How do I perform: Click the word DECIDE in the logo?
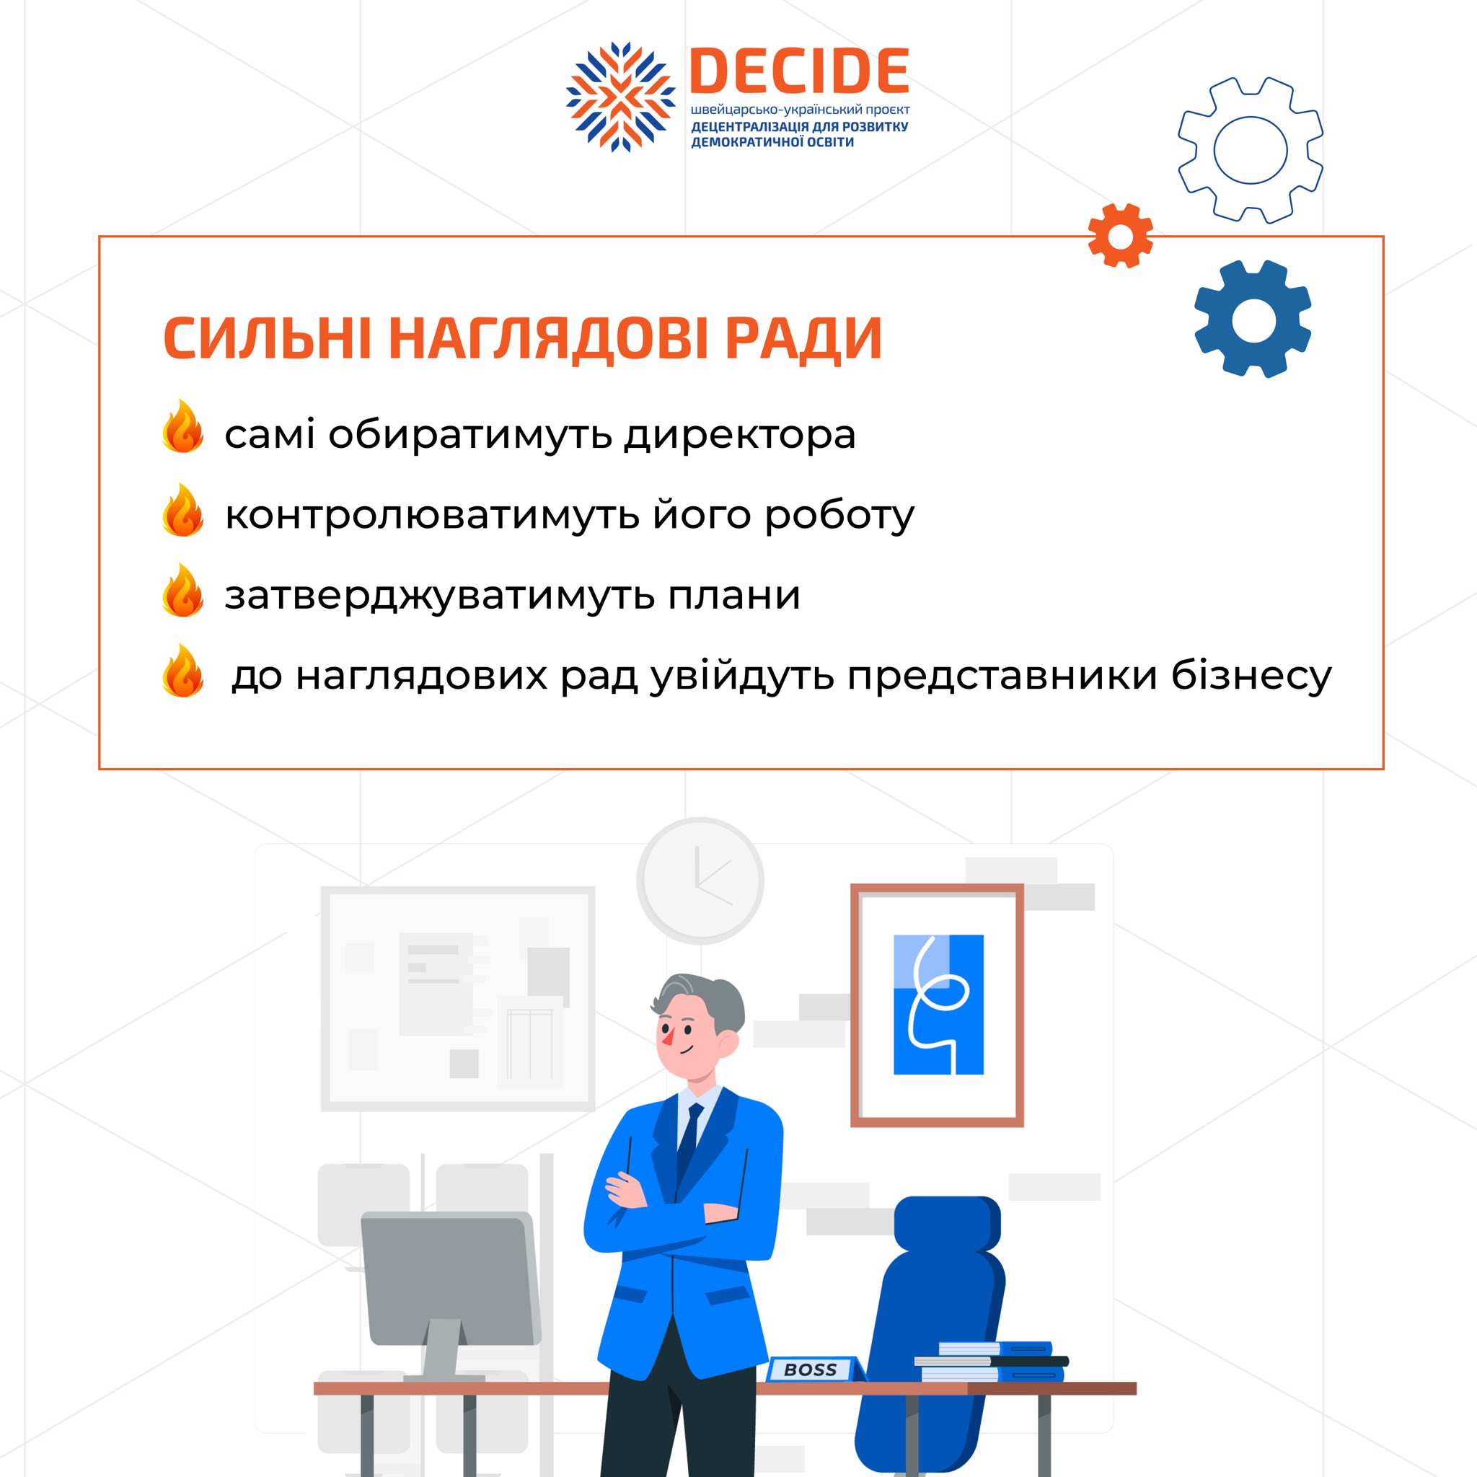(799, 71)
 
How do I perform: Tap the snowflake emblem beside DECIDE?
(621, 97)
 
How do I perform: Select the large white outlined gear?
(1251, 150)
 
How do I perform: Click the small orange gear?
(1120, 235)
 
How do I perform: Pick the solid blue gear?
(1252, 319)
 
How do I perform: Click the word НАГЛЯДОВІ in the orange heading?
(549, 338)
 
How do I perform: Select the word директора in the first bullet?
(740, 436)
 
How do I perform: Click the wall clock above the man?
(700, 880)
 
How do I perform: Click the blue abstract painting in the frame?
(939, 1005)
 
